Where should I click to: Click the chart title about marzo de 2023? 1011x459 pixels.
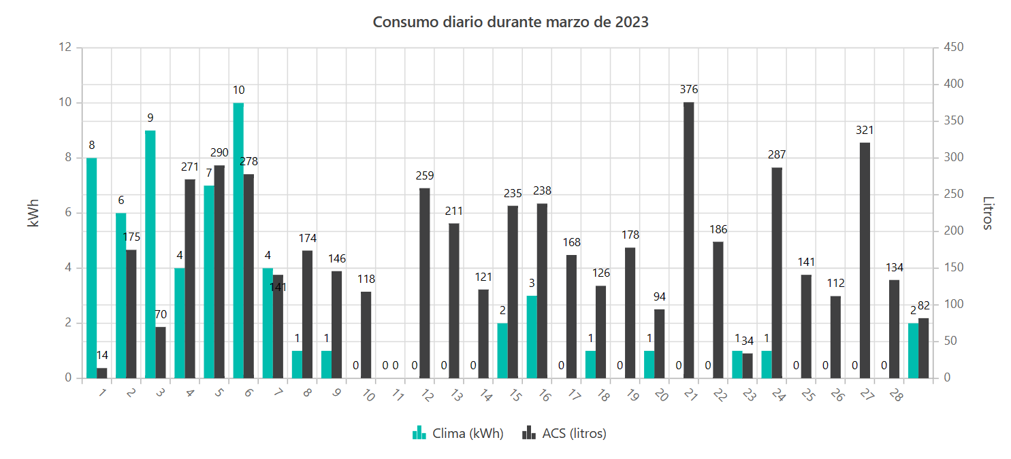[x=511, y=22]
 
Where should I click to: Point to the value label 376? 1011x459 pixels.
[x=688, y=89]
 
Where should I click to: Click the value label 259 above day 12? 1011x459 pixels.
[x=424, y=175]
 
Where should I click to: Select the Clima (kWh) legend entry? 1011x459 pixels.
[x=458, y=433]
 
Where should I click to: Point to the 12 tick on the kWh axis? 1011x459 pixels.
[x=65, y=48]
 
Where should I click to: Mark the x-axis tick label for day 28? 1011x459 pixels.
[x=896, y=395]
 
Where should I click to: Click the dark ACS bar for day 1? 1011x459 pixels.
[x=102, y=373]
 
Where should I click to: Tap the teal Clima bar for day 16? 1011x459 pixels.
[x=532, y=337]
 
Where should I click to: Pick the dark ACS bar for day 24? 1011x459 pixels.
[x=777, y=272]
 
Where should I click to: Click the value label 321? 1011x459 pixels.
[x=865, y=130]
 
